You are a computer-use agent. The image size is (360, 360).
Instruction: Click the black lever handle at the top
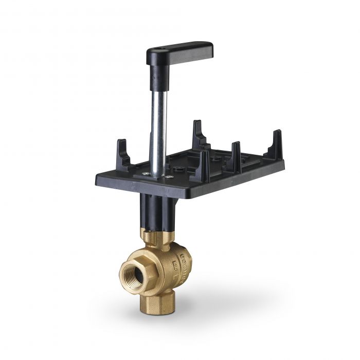click(x=180, y=51)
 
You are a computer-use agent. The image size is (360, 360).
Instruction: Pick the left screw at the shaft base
click(x=148, y=174)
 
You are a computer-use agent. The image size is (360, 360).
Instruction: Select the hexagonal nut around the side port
click(x=135, y=267)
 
